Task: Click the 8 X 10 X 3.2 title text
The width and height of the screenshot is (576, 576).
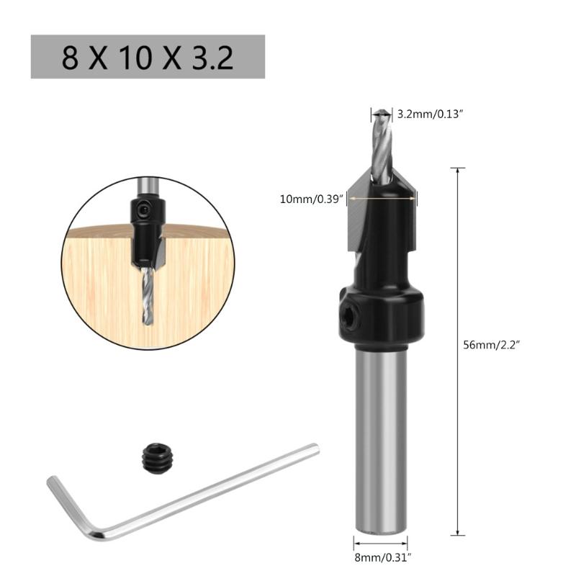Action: click(x=148, y=58)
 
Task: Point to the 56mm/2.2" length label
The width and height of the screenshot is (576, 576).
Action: click(x=492, y=344)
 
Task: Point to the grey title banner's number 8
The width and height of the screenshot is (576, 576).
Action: click(x=69, y=58)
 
